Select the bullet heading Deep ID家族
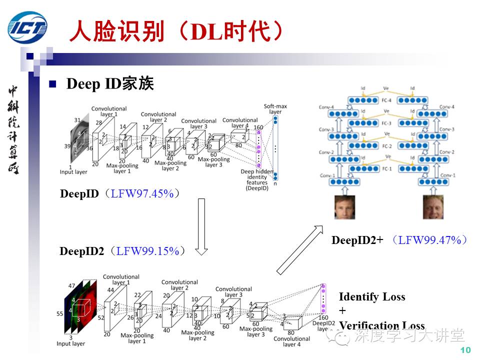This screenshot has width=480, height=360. [110, 84]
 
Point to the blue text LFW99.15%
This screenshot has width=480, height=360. [147, 251]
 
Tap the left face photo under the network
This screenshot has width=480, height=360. [344, 207]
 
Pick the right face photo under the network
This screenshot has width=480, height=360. [433, 207]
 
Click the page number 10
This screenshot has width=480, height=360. [465, 350]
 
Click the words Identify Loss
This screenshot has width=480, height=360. [372, 297]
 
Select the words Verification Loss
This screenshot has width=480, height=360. [382, 325]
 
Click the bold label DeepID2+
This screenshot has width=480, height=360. [357, 240]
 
